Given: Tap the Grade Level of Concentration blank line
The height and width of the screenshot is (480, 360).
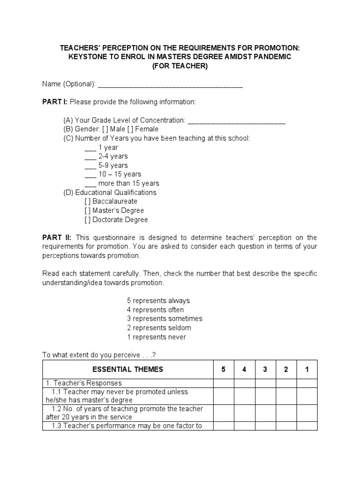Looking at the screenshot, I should point(236,121).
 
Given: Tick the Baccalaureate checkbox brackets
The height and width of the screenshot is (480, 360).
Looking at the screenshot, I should point(88,202).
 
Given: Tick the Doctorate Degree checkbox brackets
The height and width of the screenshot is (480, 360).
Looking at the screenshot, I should point(88,219).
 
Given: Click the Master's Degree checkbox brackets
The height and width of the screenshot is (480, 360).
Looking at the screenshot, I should point(88,210).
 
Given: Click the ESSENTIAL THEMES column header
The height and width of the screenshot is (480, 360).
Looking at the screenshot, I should point(128,369).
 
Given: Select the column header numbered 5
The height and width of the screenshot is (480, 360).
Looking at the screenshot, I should point(224,369).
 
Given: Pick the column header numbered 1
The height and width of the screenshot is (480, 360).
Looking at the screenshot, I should point(307,369).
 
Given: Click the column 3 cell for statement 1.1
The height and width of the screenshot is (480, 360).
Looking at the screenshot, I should point(265,396).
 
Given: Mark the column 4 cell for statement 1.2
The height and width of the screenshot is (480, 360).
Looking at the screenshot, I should point(244,413).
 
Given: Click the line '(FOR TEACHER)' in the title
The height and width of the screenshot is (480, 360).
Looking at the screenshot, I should point(180,66).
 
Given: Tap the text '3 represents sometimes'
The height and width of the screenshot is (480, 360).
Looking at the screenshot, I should point(165,319).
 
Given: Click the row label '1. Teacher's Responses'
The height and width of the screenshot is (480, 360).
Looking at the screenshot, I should point(83,383).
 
